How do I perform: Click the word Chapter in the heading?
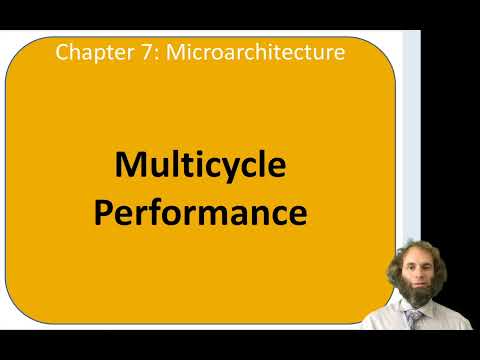click(85, 51)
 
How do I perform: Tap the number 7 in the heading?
click(126, 51)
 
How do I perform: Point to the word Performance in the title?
click(200, 213)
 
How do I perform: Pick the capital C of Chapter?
click(61, 51)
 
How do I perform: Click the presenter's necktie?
click(412, 319)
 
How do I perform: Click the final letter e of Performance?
click(296, 214)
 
